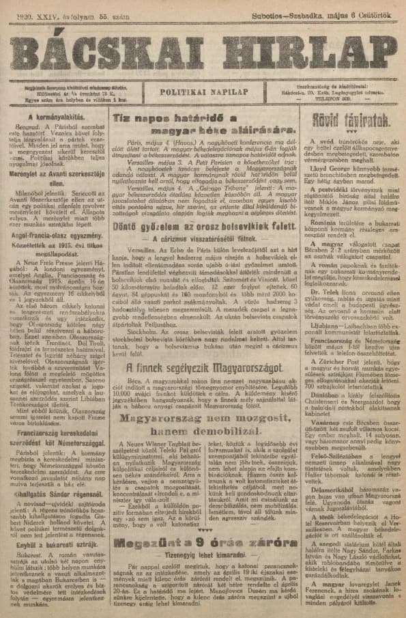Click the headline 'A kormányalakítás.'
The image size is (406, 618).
(55, 116)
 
